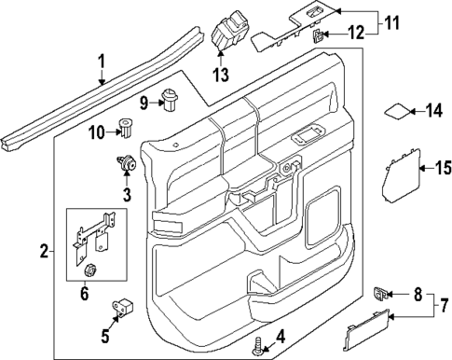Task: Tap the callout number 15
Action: click(x=431, y=168)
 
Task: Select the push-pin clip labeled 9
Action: click(x=170, y=95)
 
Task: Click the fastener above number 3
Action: click(x=127, y=166)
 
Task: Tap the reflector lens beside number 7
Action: click(x=366, y=329)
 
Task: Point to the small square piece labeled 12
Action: click(x=318, y=36)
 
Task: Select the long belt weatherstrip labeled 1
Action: click(x=93, y=98)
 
